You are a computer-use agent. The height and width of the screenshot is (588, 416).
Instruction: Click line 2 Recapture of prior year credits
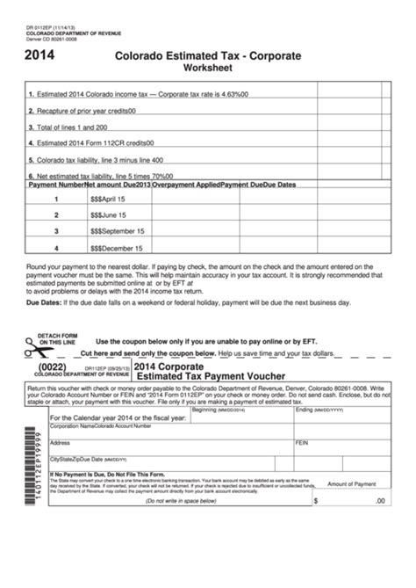84,111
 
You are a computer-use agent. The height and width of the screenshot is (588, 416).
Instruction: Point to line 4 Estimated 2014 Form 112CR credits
93,143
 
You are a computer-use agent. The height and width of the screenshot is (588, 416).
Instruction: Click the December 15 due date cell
116,248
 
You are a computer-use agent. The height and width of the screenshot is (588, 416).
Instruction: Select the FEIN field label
304,442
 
